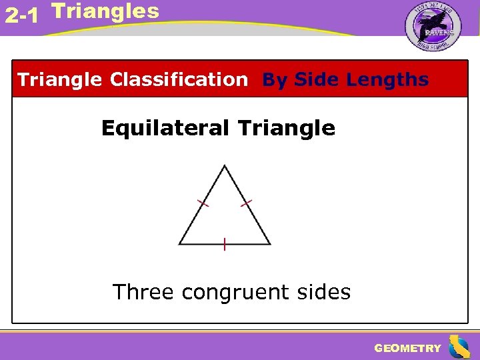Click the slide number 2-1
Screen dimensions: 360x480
click(x=21, y=16)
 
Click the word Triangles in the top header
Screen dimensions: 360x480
click(x=105, y=11)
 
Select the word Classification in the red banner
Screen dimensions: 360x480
click(x=179, y=80)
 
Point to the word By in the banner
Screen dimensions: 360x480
click(x=275, y=80)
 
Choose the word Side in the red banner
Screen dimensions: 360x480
click(x=317, y=80)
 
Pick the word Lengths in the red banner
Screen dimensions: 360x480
click(x=388, y=80)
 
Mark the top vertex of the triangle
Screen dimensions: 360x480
click(x=225, y=166)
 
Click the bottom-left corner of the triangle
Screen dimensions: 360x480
click(x=179, y=244)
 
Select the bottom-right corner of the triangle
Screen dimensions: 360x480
click(x=270, y=244)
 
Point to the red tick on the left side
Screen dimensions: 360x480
click(x=203, y=203)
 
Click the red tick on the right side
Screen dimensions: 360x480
click(x=246, y=202)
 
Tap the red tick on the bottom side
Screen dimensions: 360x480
click(x=225, y=244)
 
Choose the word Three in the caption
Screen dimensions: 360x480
click(x=143, y=292)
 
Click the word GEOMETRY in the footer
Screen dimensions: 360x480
click(x=407, y=348)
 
